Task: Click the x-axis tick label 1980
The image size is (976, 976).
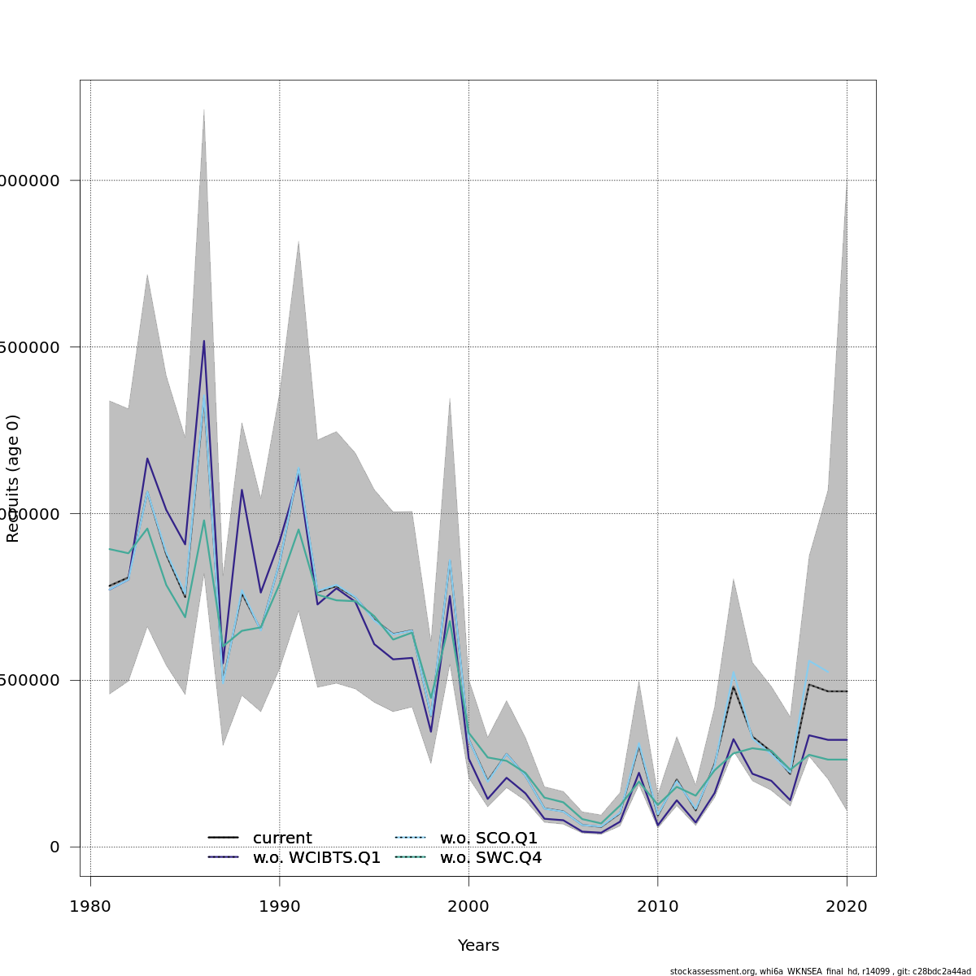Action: tap(90, 907)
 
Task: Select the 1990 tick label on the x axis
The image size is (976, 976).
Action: tap(280, 907)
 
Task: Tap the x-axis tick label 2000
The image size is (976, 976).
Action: tap(468, 907)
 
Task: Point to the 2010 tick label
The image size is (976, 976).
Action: tap(658, 907)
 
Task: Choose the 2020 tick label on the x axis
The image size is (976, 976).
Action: tap(847, 907)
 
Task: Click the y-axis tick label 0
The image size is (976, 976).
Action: tap(54, 847)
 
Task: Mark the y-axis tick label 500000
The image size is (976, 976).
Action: tap(33, 680)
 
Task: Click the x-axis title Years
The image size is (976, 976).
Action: tap(478, 946)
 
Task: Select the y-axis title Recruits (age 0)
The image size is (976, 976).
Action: tap(13, 478)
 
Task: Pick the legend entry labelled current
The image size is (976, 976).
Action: tap(282, 839)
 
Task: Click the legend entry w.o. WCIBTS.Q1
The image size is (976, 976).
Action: tap(316, 858)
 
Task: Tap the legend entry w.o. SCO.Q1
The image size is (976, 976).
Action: tap(489, 839)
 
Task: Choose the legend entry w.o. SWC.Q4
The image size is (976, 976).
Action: tap(490, 858)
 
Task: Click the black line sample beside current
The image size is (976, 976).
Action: tap(223, 838)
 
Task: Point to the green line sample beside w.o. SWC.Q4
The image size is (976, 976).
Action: tap(410, 857)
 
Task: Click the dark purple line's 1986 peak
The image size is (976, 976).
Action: tap(204, 341)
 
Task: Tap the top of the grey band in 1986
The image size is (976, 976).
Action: tap(204, 109)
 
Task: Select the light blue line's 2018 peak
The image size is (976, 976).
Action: tap(810, 660)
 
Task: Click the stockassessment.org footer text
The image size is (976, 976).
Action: tap(820, 971)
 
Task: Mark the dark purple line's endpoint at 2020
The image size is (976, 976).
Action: tap(847, 739)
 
